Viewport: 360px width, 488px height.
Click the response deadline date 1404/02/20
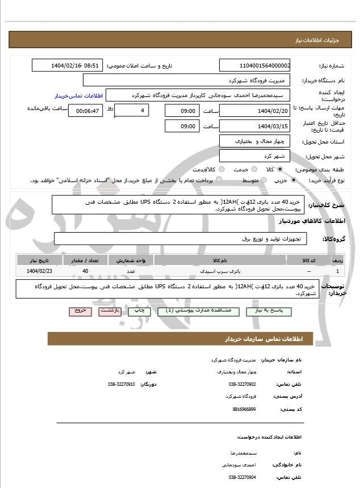click(x=255, y=111)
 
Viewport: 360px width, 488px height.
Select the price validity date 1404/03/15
click(x=255, y=127)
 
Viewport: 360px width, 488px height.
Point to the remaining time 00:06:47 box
click(x=86, y=111)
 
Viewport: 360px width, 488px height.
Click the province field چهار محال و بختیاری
click(x=255, y=141)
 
